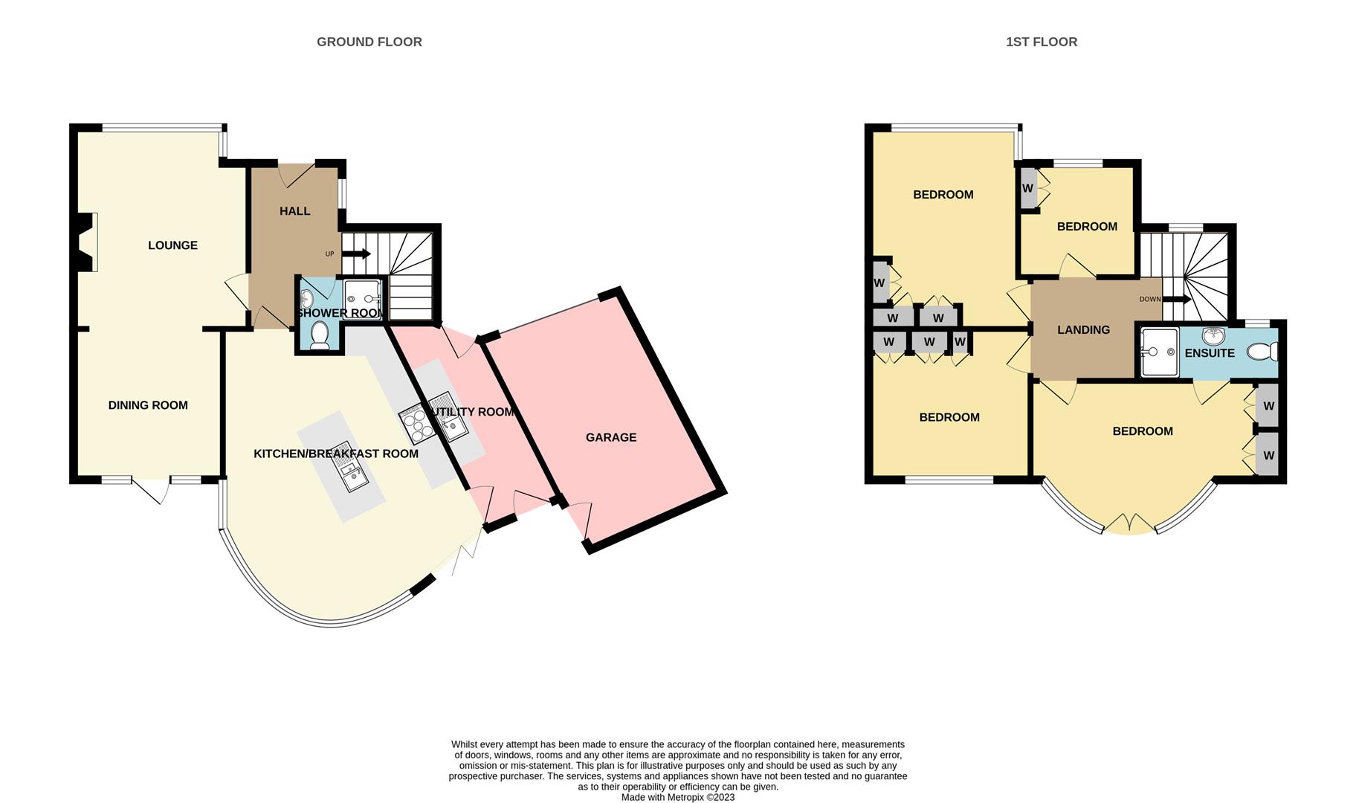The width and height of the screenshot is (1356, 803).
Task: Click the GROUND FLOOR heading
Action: click(x=369, y=42)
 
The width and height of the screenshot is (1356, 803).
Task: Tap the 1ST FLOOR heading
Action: click(x=1041, y=42)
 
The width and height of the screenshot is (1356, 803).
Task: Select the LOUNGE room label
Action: click(x=172, y=245)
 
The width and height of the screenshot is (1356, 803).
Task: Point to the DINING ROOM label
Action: click(x=148, y=405)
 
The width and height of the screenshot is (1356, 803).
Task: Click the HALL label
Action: click(x=294, y=211)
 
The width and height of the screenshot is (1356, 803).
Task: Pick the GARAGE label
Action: click(x=610, y=437)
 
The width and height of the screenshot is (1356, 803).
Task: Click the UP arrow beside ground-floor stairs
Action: click(x=356, y=254)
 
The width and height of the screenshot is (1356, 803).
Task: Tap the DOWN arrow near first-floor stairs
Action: click(x=1177, y=299)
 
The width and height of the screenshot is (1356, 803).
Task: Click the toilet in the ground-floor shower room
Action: click(x=320, y=336)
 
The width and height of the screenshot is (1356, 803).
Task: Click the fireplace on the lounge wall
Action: click(x=86, y=242)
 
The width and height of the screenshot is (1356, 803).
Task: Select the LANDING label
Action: click(x=1083, y=329)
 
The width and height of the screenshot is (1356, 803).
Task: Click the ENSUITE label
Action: click(x=1209, y=353)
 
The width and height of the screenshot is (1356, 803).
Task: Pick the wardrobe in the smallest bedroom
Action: click(x=1027, y=188)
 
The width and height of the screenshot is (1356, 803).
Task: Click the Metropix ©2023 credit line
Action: click(x=677, y=797)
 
